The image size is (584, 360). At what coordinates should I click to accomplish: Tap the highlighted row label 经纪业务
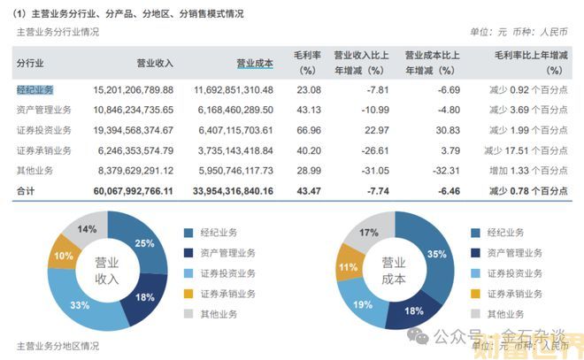click(x=35, y=89)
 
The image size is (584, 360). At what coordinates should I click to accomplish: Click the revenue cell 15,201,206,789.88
click(x=134, y=90)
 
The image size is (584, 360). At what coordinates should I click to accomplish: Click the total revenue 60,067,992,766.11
click(x=134, y=190)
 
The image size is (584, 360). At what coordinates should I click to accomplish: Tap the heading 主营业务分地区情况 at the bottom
click(x=58, y=345)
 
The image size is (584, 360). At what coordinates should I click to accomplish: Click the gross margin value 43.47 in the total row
click(x=307, y=190)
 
